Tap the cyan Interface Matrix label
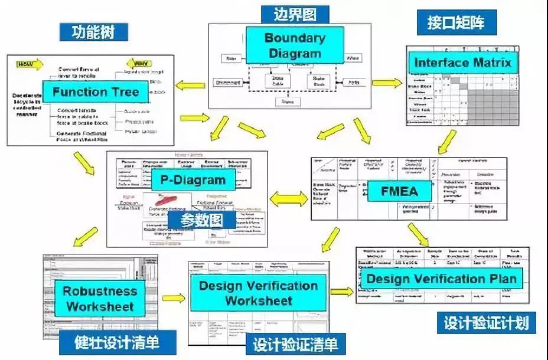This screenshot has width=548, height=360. [462, 63]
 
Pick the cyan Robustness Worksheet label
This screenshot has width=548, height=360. [100, 298]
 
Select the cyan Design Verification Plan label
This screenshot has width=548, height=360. [442, 279]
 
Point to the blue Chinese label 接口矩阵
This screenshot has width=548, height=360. [455, 23]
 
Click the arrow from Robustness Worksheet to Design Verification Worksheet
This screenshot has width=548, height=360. [172, 298]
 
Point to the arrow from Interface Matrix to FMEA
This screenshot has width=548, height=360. [447, 142]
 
